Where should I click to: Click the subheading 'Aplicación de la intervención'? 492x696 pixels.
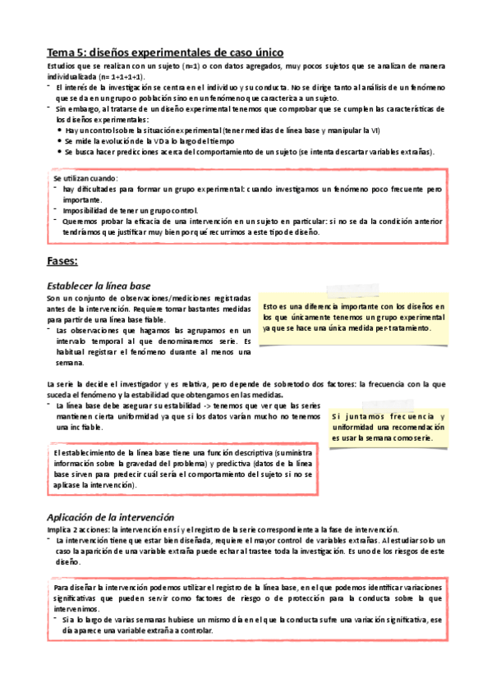pos(110,517)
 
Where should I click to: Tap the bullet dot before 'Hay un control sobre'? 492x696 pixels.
pos(59,130)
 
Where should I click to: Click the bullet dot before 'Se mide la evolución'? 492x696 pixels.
pos(59,141)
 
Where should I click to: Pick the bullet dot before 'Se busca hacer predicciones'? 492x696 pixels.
pos(59,152)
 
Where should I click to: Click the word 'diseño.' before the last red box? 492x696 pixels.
pos(68,562)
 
